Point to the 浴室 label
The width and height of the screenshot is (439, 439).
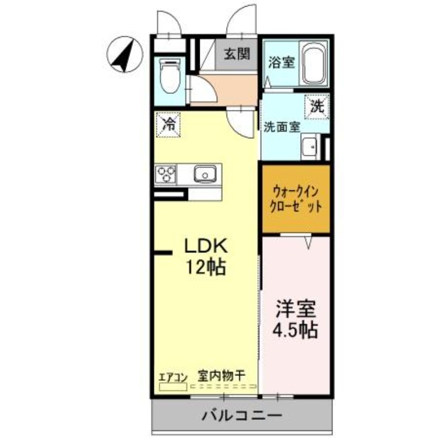(x=281, y=63)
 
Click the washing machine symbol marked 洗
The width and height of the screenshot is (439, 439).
(x=317, y=106)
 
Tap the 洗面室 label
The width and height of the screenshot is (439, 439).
(x=282, y=127)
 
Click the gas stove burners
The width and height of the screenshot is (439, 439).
(x=166, y=175)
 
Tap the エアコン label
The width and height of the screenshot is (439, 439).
(x=173, y=376)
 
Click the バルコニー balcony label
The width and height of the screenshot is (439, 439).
(x=241, y=415)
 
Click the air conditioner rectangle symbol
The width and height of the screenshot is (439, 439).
(x=173, y=386)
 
